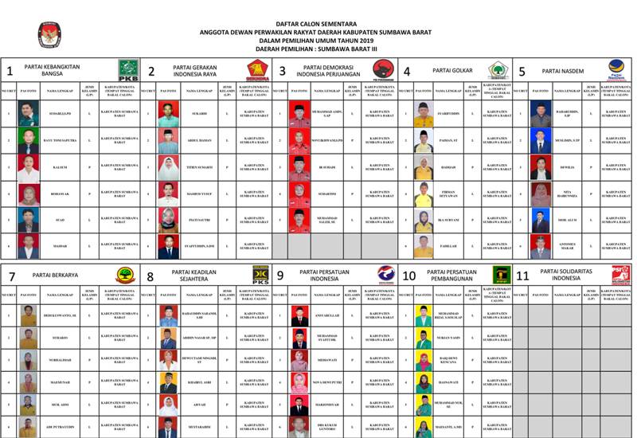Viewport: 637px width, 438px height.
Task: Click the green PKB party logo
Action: (128, 70)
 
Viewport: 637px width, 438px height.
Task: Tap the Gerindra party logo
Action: (257, 70)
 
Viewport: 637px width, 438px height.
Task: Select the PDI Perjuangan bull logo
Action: (383, 70)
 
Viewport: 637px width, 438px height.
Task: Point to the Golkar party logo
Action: (498, 70)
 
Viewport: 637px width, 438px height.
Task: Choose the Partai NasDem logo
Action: (616, 70)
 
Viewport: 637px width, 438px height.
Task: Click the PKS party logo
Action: (260, 275)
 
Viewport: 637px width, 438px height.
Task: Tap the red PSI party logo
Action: (619, 275)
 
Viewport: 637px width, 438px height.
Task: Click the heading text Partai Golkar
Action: (452, 71)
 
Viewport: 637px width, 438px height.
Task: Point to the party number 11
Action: (523, 276)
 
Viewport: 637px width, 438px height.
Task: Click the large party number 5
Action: (522, 72)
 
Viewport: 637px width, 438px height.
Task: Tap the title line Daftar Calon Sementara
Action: (318, 24)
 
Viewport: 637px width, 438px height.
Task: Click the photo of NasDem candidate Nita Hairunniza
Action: (541, 193)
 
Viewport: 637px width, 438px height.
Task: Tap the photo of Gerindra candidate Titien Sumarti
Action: (168, 167)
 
